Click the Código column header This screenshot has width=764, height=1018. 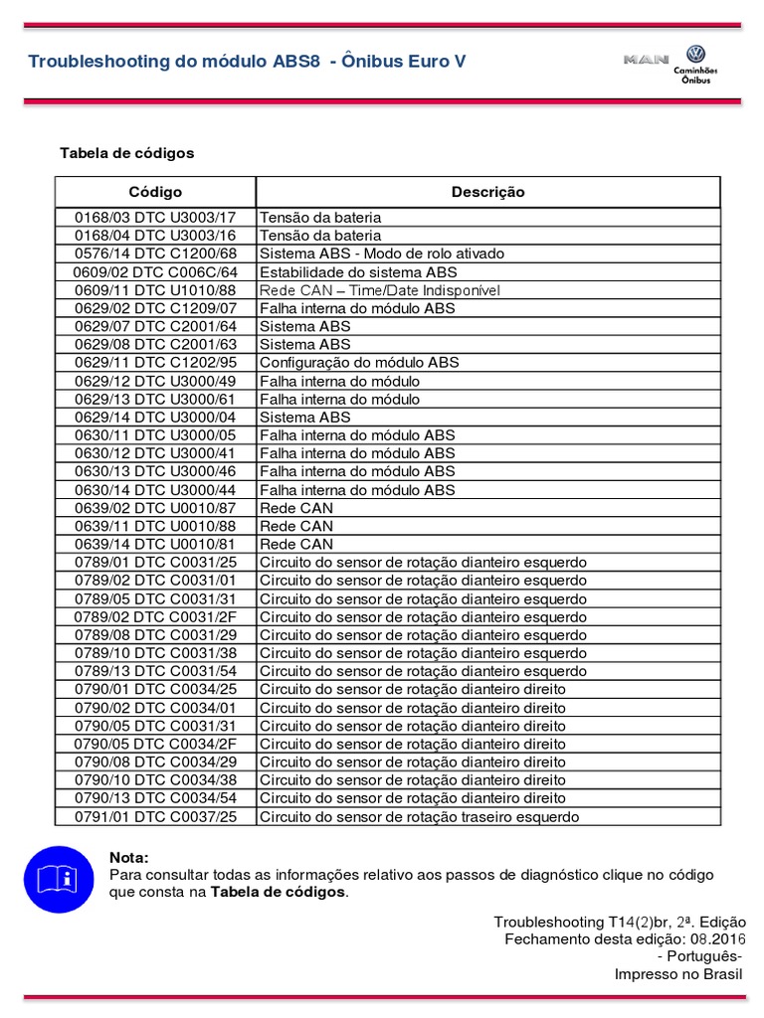pos(155,192)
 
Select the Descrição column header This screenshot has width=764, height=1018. pos(487,192)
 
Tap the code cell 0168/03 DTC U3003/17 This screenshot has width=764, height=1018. pos(155,217)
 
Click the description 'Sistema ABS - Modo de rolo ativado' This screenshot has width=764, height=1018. pos(382,254)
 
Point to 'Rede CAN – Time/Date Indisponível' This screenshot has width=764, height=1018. pos(379,290)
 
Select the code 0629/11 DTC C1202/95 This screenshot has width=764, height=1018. pos(155,363)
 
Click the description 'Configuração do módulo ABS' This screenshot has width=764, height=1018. pos(359,363)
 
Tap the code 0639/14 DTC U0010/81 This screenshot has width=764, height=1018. pos(155,544)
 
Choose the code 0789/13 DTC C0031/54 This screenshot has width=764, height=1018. pos(155,671)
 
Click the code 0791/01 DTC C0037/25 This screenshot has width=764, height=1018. pos(155,817)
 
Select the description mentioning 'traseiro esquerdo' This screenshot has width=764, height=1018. pos(419,817)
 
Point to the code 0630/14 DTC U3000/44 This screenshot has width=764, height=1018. pos(155,490)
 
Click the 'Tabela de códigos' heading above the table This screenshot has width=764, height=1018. pos(127,153)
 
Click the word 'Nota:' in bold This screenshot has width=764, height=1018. pos(129,858)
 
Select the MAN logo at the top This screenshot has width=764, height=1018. pos(647,60)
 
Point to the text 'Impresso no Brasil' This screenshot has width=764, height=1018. pos(680,974)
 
